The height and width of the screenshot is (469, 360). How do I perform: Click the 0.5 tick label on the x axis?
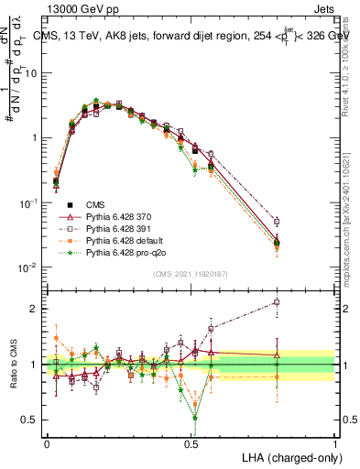[x=191, y=442]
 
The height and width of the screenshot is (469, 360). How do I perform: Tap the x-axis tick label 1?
[x=334, y=442]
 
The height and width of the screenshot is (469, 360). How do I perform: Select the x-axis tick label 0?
[x=47, y=442]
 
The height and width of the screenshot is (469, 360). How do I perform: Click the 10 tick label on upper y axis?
[x=31, y=72]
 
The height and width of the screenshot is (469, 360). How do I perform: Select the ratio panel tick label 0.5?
[x=32, y=420]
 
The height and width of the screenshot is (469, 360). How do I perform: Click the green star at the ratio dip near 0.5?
[x=195, y=417]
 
